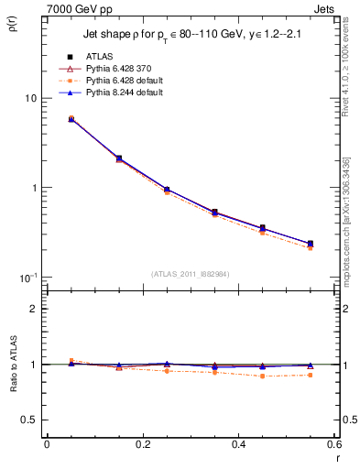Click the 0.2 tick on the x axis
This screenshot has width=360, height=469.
tap(142, 444)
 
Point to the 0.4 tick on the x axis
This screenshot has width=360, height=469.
tap(238, 444)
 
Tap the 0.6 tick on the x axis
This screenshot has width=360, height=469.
tap(333, 444)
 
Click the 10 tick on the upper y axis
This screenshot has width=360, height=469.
tap(30, 98)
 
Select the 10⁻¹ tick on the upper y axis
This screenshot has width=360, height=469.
tap(27, 278)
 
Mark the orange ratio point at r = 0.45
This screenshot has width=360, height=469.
tap(262, 376)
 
